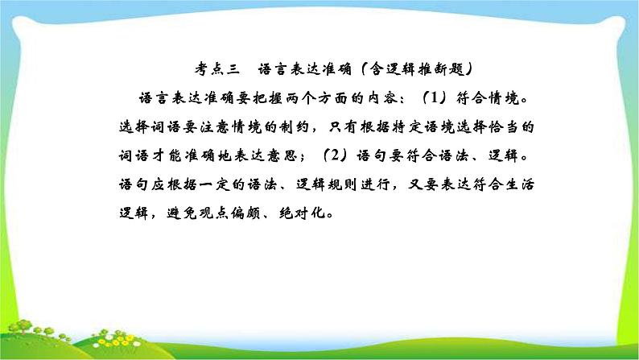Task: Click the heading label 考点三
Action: pyautogui.click(x=217, y=69)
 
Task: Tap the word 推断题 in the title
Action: pyautogui.click(x=441, y=69)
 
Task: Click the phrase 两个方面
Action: pyautogui.click(x=316, y=98)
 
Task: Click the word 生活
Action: pyautogui.click(x=519, y=184)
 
